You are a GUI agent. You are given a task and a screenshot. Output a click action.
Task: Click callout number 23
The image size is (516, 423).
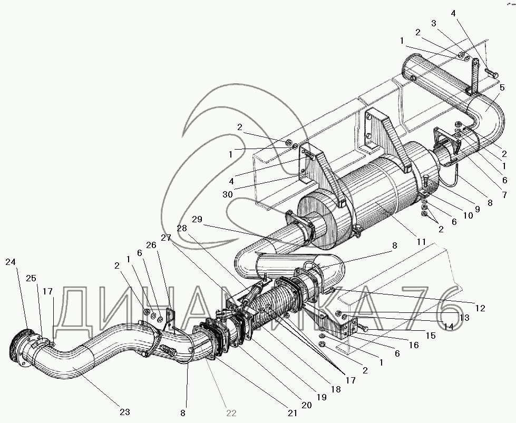tap(125, 411)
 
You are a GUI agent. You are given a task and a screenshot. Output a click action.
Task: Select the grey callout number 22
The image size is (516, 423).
tap(231, 413)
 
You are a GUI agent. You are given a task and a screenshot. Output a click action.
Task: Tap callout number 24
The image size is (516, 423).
tap(10, 262)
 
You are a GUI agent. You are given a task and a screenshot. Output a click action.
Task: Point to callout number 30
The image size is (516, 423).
tap(227, 194)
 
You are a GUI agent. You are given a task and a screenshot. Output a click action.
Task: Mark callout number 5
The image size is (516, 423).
tap(502, 87)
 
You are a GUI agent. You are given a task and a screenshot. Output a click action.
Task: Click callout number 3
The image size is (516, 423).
tap(434, 23)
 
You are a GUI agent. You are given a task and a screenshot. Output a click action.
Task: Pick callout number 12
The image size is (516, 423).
tap(481, 308)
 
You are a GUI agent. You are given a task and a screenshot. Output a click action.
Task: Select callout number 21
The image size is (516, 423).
tap(292, 413)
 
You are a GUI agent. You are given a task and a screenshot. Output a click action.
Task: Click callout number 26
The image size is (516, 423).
tap(151, 245)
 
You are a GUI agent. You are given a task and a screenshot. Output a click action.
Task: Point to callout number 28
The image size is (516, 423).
tap(181, 228)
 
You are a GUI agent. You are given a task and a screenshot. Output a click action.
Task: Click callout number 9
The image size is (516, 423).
tap(477, 209)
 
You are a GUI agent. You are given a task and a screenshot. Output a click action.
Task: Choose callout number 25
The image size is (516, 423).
tap(31, 278)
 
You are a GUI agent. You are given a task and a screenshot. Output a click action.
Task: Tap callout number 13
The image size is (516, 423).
tap(464, 318)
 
